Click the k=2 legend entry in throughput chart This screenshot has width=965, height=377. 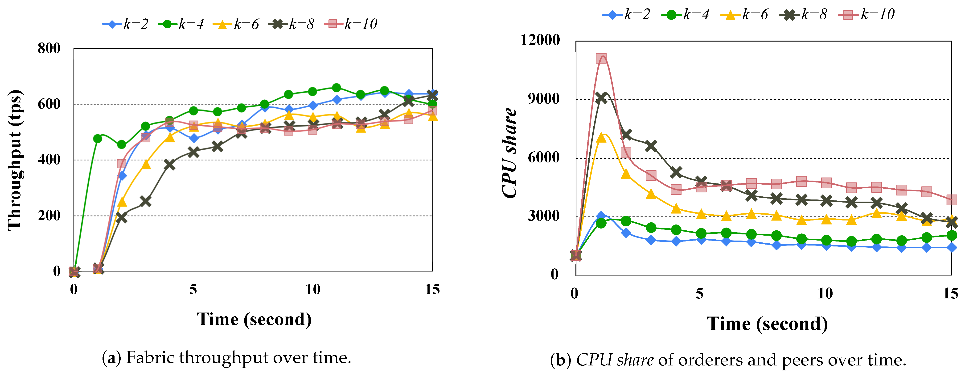pos(126,24)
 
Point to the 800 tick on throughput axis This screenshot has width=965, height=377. pos(49,48)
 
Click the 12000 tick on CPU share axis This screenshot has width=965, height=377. pos(540,40)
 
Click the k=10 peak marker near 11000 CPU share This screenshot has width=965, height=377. pos(601,58)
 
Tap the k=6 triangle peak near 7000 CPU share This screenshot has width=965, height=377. pos(601,138)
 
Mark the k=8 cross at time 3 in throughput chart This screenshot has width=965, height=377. pos(145,201)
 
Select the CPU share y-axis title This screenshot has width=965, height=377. pos(509,153)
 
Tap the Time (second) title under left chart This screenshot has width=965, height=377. pos(254,320)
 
